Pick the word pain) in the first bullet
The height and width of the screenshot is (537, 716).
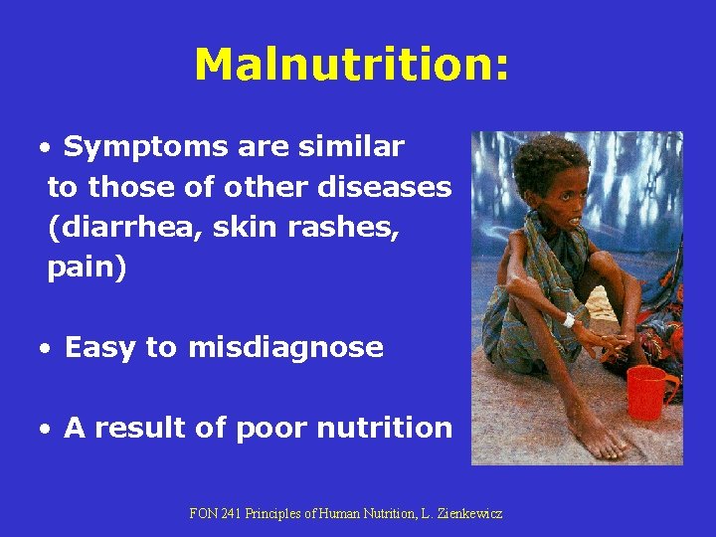[88, 268]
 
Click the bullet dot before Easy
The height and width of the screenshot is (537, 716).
[47, 349]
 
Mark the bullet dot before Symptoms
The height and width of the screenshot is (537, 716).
[47, 149]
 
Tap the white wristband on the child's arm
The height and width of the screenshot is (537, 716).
[570, 320]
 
